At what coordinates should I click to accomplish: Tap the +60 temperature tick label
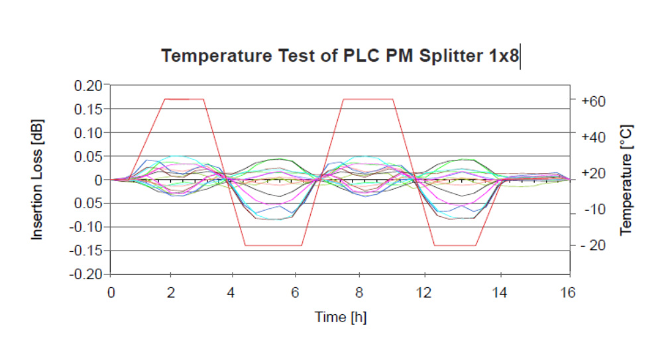pos(594,101)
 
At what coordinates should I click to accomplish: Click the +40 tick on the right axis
pos(594,137)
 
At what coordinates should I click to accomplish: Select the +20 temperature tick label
pos(594,173)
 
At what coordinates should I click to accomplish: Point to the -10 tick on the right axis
pos(596,210)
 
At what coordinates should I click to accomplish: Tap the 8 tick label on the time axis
pos(359,293)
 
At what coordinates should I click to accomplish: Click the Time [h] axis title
pos(340,317)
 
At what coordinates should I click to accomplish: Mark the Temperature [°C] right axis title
pos(626,179)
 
